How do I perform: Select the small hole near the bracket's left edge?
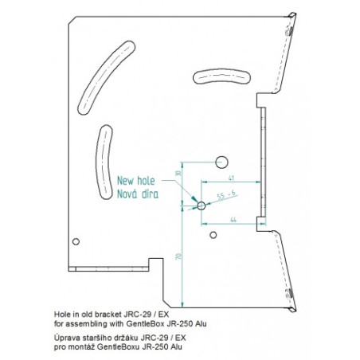click(76, 241)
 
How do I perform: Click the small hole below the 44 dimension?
click(213, 235)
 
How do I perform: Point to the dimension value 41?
click(231, 178)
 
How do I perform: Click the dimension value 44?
click(233, 220)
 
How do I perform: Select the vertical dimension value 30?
click(178, 173)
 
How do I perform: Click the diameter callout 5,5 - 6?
click(226, 195)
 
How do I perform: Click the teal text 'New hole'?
click(135, 181)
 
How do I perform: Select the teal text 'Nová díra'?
click(138, 194)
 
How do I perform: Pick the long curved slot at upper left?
click(106, 77)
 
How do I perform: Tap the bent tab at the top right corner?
click(292, 15)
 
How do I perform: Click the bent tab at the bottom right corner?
click(292, 309)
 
